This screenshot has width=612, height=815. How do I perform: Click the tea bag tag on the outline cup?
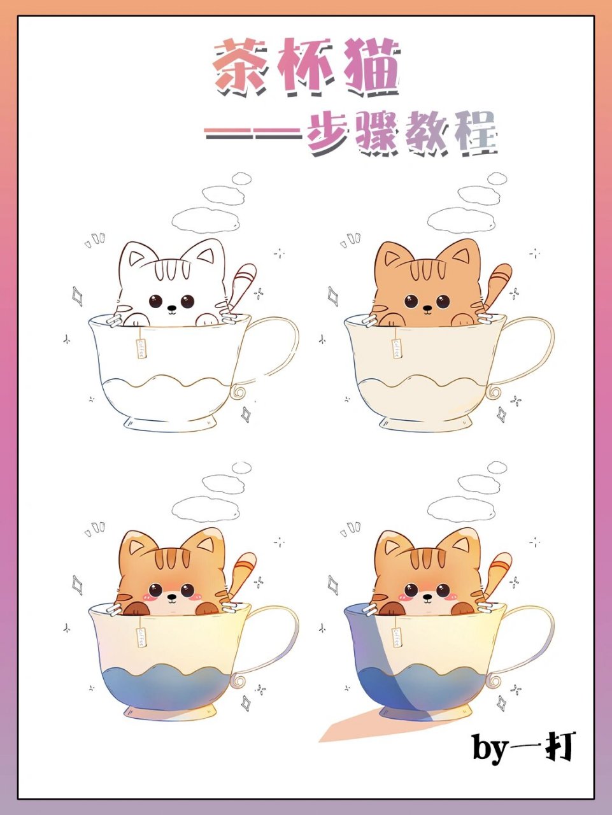click(140, 348)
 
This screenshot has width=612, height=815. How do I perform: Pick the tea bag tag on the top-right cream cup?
click(396, 348)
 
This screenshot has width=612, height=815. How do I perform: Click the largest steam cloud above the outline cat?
click(205, 220)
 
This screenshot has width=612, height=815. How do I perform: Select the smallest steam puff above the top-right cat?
click(497, 178)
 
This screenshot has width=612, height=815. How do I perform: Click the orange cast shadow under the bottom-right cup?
click(357, 726)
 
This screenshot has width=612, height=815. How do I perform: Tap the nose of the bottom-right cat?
click(426, 597)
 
